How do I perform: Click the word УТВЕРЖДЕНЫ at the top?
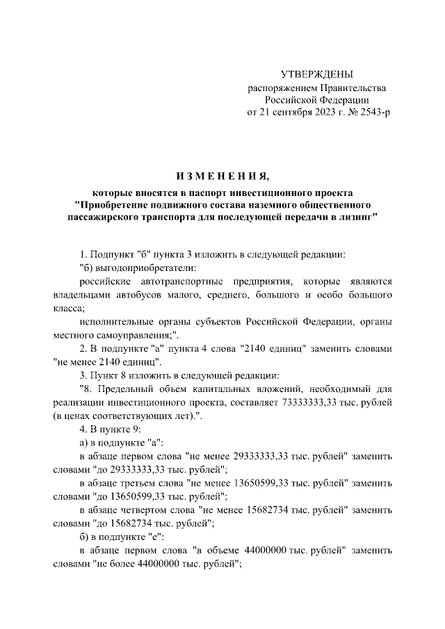point(317,74)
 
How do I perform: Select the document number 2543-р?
point(371,112)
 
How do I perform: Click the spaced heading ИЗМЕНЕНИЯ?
point(222,174)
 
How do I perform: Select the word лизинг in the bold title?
point(355,218)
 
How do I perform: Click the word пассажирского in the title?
point(105,218)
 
